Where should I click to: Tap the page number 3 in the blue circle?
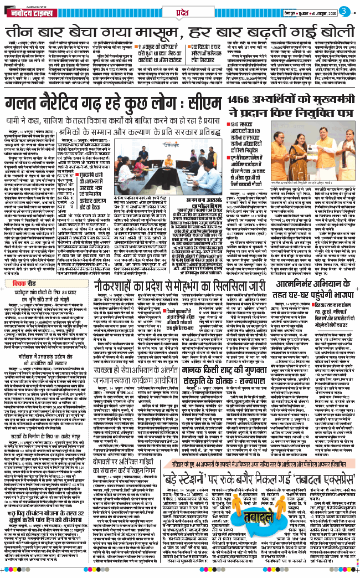pyautogui.click(x=343, y=11)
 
